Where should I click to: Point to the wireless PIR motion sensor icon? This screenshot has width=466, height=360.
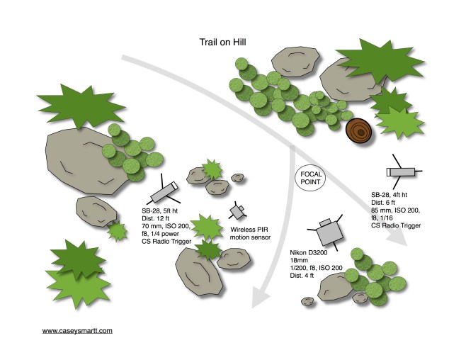[x=237, y=212]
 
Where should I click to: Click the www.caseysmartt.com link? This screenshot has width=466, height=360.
[x=77, y=330]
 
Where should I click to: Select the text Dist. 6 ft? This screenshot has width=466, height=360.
[x=386, y=202]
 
